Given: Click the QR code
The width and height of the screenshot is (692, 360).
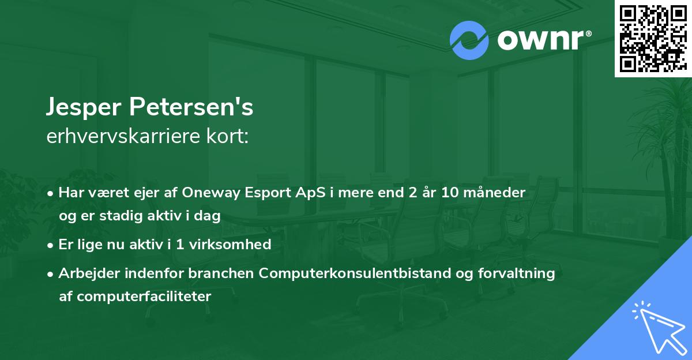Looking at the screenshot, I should click(x=653, y=38).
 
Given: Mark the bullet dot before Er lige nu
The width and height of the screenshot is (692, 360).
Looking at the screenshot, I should click(x=52, y=245).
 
